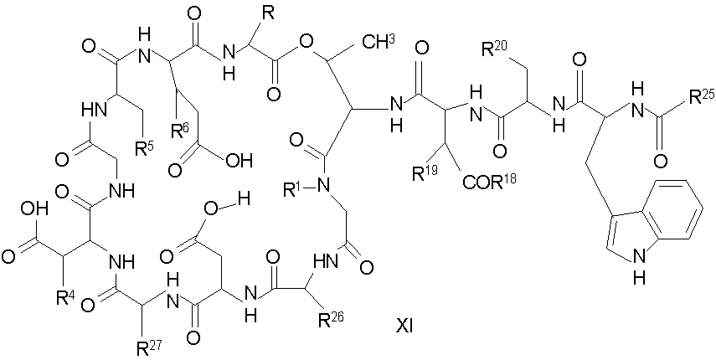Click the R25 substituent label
pyautogui.click(x=689, y=94)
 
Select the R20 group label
pyautogui.click(x=497, y=50)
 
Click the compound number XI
pyautogui.click(x=404, y=327)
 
